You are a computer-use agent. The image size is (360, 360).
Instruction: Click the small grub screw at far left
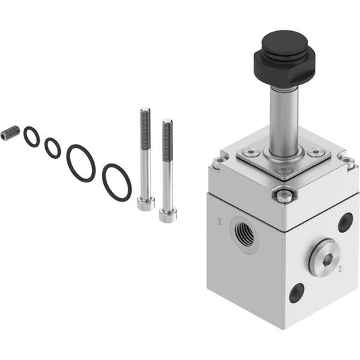tap(10, 133)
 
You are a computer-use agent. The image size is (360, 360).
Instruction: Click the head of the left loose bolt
tap(146, 203)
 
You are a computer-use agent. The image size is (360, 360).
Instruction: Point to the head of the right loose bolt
tap(168, 216)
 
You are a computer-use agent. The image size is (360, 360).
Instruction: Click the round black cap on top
tap(285, 43)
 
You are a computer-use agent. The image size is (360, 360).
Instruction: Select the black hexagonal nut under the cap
tap(284, 68)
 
